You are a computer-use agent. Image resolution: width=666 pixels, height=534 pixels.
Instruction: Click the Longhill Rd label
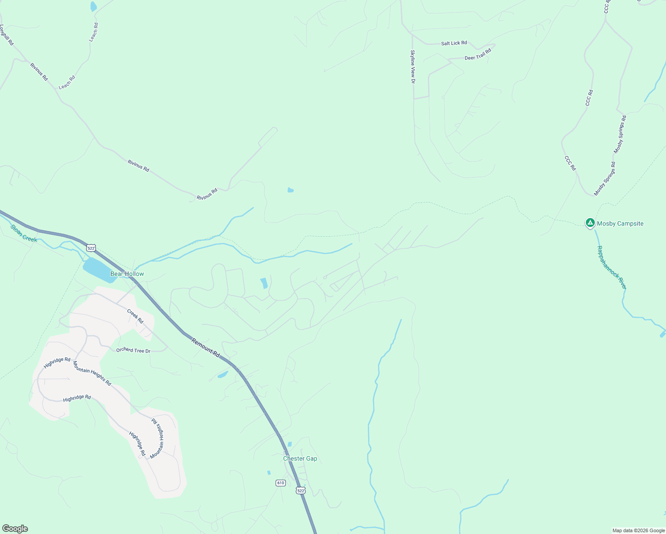click(7, 35)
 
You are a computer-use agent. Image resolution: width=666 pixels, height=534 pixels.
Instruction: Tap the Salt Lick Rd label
click(454, 43)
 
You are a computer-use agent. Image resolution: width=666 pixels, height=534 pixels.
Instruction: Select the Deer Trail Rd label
click(478, 55)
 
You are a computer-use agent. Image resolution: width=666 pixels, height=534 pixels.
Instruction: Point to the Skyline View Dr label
click(413, 67)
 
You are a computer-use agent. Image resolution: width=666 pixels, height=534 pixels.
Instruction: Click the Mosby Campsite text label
click(620, 223)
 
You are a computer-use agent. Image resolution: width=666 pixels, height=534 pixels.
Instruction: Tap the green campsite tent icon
click(590, 222)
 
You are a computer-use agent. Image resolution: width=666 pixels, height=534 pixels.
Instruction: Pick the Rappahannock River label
click(612, 267)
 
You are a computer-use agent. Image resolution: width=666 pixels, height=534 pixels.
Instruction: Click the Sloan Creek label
click(24, 233)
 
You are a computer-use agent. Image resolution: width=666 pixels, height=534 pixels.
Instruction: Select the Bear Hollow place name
click(127, 274)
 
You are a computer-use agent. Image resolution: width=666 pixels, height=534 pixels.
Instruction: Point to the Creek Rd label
click(135, 316)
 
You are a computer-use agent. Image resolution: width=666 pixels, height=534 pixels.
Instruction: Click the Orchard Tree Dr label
click(133, 350)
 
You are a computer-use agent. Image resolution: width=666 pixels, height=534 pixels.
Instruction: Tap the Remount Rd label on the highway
click(206, 348)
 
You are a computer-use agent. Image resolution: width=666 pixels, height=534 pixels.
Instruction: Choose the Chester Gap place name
click(300, 458)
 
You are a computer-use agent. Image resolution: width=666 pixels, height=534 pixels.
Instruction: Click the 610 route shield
click(280, 483)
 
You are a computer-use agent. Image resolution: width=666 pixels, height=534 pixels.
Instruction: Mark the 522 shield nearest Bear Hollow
click(91, 248)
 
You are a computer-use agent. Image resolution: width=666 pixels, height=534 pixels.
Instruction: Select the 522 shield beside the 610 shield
click(301, 490)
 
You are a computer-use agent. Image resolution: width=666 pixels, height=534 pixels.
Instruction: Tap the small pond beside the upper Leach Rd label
click(93, 6)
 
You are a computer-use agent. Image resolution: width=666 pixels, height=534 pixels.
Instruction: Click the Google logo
click(15, 529)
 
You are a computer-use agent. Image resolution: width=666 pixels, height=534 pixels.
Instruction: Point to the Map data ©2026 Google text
click(638, 530)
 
